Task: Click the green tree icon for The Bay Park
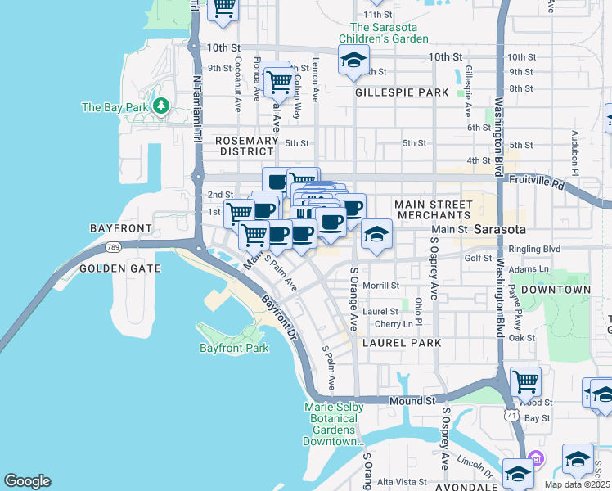162,106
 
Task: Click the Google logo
27,481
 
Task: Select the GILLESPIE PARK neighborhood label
402,92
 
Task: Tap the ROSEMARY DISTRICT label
245,146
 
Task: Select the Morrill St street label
380,286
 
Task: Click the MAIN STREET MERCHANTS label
433,209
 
